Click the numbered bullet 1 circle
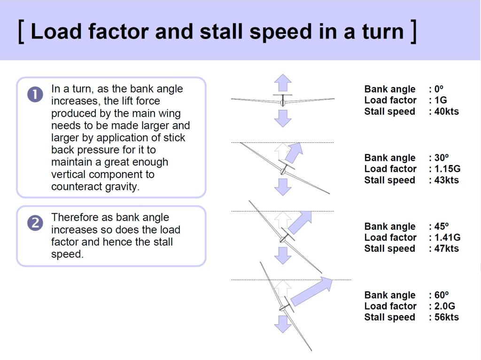click(x=35, y=95)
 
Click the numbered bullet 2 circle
click(x=35, y=223)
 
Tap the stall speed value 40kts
click(x=446, y=111)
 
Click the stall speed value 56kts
click(x=446, y=317)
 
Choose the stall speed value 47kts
click(x=446, y=249)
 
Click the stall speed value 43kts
click(x=446, y=180)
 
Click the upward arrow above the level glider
click(x=283, y=83)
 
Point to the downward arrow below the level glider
click(x=283, y=118)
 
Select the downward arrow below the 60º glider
click(x=283, y=324)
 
